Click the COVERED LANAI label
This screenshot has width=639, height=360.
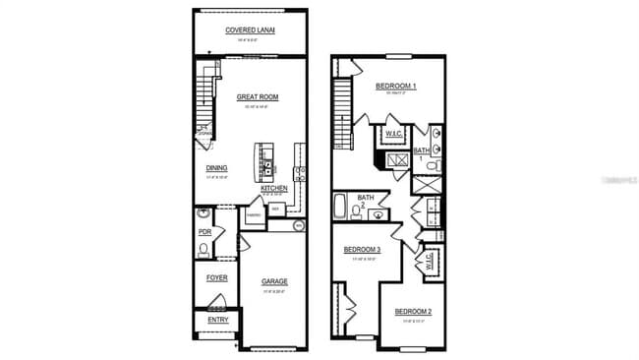tap(250, 30)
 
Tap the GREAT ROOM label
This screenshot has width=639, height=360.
tap(258, 97)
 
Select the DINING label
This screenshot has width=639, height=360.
tap(216, 168)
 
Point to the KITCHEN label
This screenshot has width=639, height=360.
tap(274, 188)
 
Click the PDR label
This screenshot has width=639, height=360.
tap(205, 232)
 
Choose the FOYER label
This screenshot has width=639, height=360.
tap(216, 277)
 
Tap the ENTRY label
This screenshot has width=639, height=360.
tap(216, 320)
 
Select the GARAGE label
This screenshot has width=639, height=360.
tap(274, 282)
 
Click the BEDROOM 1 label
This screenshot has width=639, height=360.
tap(395, 87)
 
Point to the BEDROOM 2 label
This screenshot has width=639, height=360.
tap(413, 312)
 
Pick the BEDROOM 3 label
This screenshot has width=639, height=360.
tap(361, 250)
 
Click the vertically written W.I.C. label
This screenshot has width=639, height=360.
tap(430, 261)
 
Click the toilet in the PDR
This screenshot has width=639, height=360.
tap(203, 250)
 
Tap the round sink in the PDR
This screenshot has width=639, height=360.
tap(203, 213)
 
